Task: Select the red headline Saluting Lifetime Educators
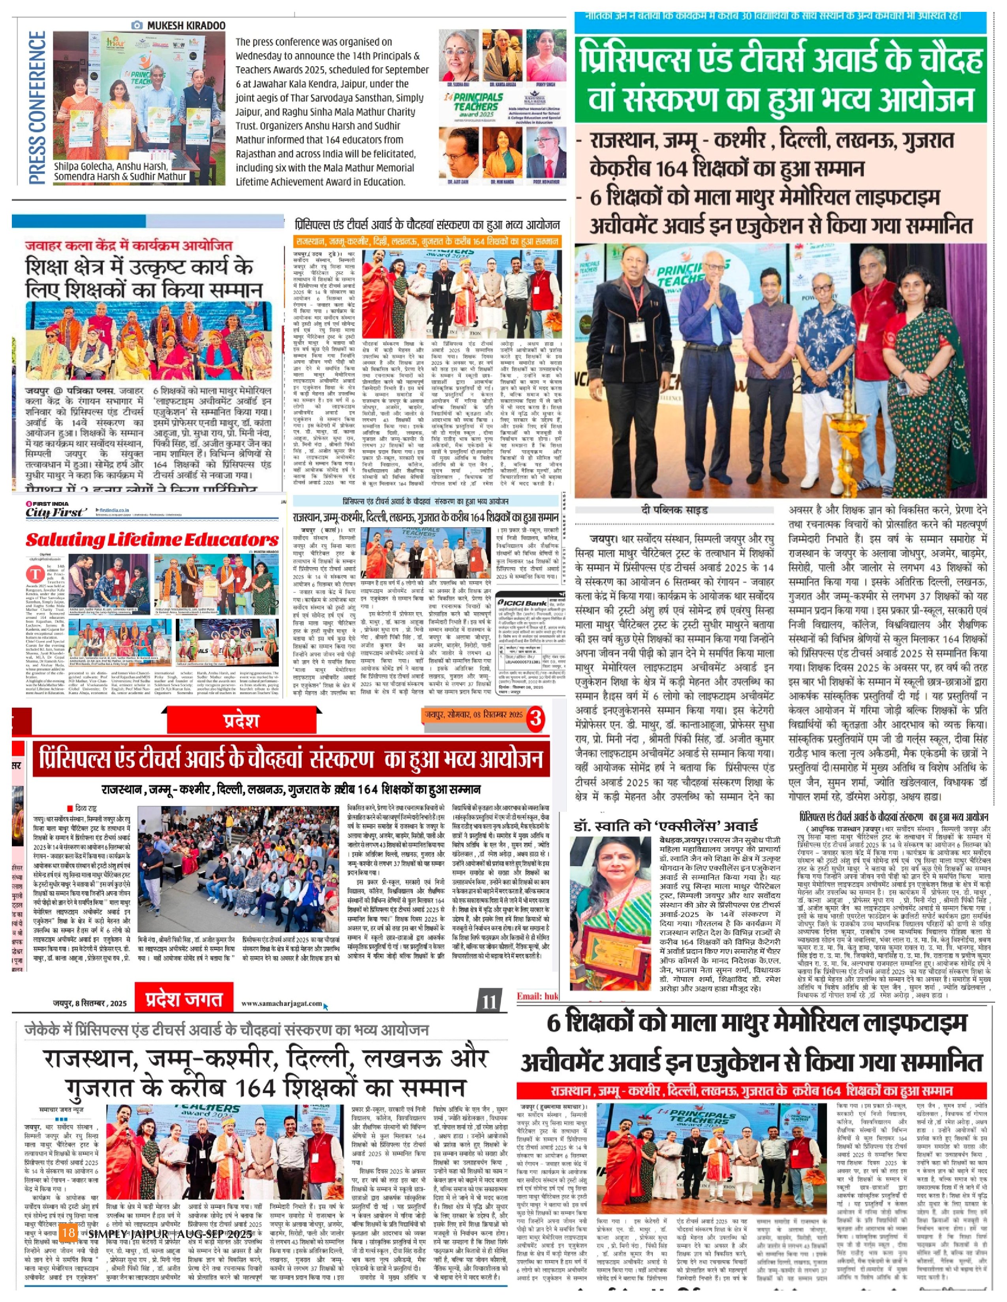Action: click(152, 540)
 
